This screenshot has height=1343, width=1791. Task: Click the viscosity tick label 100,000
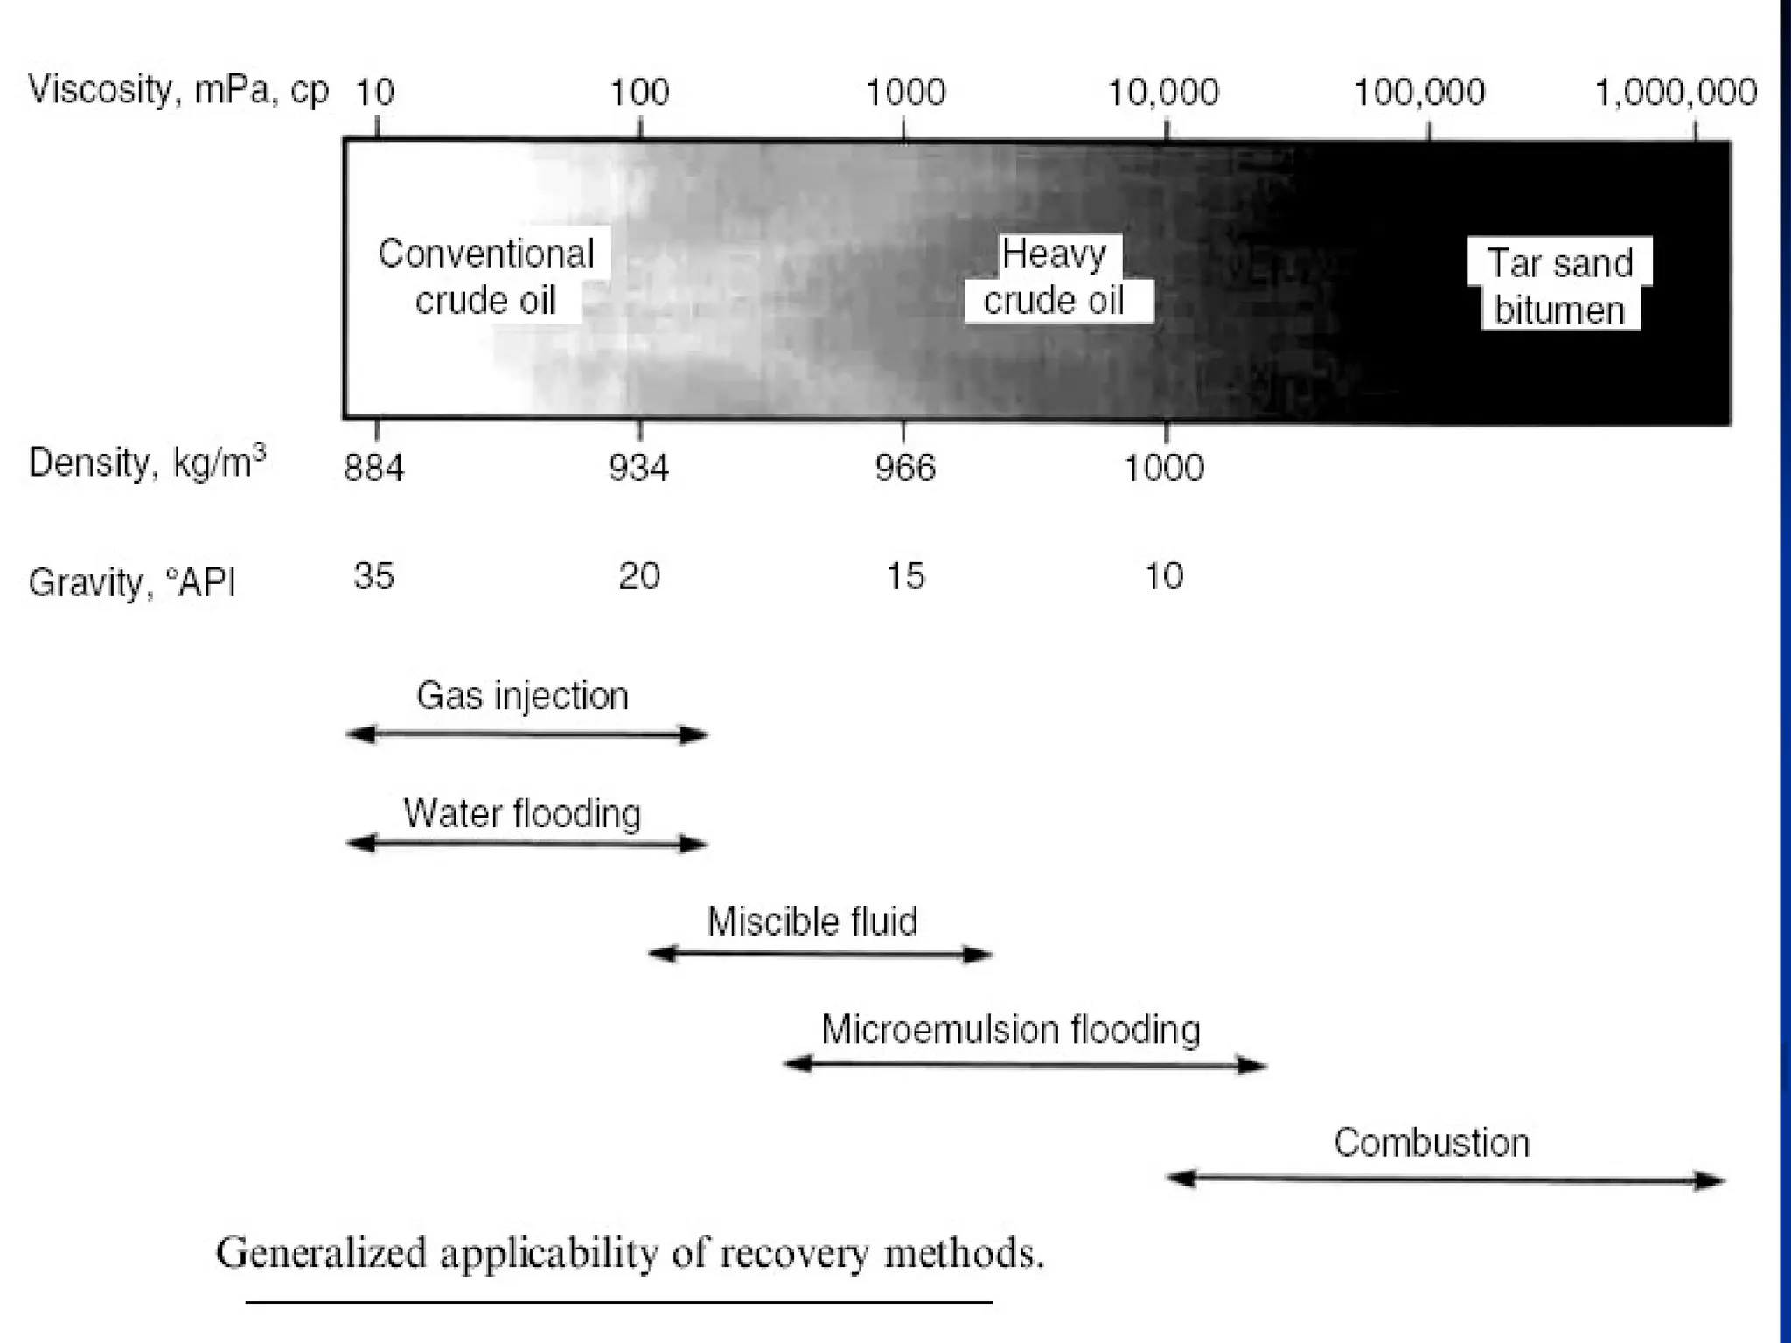click(x=1418, y=92)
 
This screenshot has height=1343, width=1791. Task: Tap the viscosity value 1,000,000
click(x=1676, y=92)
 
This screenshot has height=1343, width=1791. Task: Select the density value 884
click(x=373, y=469)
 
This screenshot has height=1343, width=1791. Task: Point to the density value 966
click(x=905, y=469)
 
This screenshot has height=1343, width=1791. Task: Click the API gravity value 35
click(x=373, y=576)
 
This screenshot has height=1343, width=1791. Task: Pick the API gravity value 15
click(x=905, y=576)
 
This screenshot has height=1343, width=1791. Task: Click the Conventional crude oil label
click(x=485, y=277)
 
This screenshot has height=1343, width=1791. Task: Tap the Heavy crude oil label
click(x=1054, y=277)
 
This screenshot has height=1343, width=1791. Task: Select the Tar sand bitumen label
click(x=1560, y=286)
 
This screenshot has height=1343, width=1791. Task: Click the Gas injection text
click(x=522, y=696)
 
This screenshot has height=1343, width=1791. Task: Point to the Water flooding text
click(x=522, y=814)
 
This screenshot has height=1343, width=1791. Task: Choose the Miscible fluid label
click(x=812, y=922)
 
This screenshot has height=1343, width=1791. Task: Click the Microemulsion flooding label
click(x=1010, y=1030)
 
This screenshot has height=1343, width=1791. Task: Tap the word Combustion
click(x=1432, y=1143)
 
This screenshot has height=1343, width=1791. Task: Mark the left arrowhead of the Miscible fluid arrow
click(x=661, y=954)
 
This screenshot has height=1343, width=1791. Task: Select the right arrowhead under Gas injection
click(x=695, y=734)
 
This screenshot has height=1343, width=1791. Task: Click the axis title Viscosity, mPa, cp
click(x=178, y=90)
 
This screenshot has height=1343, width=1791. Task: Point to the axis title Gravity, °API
click(x=132, y=582)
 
